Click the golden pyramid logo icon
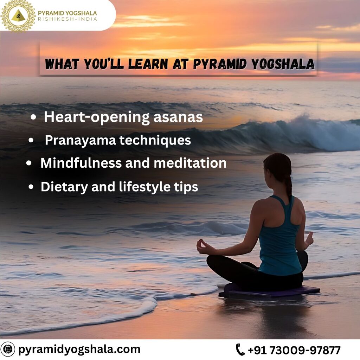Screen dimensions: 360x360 (x=18, y=16)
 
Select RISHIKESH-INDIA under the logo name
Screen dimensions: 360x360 (x=67, y=19)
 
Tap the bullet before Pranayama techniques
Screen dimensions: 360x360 (x=31, y=140)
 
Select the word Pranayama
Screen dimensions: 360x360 (x=80, y=141)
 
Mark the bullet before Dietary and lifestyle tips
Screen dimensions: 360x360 (x=31, y=187)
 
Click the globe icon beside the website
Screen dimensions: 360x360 (x=7, y=349)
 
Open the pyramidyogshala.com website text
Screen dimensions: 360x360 (x=79, y=349)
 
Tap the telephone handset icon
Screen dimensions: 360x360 (x=240, y=350)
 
